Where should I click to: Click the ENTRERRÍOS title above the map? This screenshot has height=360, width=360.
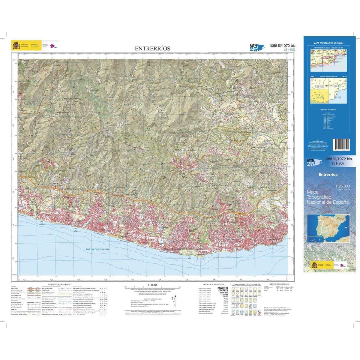[152, 48]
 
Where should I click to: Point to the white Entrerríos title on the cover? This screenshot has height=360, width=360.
[328, 174]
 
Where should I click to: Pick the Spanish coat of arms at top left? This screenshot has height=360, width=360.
[15, 46]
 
